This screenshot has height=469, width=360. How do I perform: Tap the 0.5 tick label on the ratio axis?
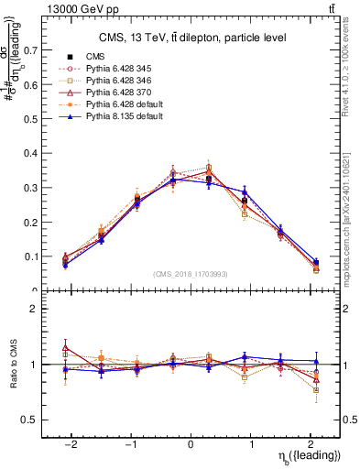tap(33, 420)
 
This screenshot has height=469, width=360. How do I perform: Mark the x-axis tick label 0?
tap(191, 443)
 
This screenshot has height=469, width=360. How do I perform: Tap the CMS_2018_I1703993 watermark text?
tap(191, 274)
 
